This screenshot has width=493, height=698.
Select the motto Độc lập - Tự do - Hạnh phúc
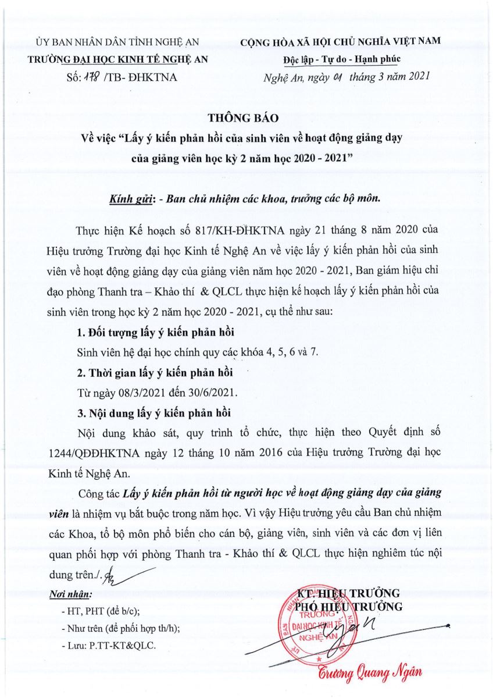(341, 59)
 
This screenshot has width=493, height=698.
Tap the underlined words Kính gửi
(130, 198)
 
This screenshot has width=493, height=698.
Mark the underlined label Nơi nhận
(71, 594)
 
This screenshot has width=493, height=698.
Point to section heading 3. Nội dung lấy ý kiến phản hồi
(154, 414)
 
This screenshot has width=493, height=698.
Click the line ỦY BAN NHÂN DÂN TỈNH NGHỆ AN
(117, 42)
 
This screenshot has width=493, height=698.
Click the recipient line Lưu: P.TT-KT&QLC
(109, 646)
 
